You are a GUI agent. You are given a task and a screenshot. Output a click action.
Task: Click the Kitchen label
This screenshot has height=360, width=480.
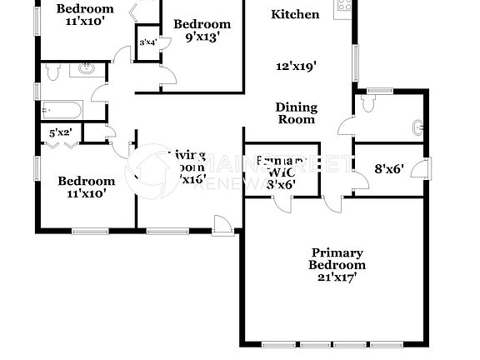pyautogui.click(x=295, y=14)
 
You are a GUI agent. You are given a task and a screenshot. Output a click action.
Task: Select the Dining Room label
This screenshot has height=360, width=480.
pyautogui.click(x=296, y=112)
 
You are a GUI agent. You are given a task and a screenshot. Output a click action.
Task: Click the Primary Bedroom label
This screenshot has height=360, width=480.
pyautogui.click(x=337, y=258)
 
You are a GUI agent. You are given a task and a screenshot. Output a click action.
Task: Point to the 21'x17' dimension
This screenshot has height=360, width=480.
pyautogui.click(x=337, y=277)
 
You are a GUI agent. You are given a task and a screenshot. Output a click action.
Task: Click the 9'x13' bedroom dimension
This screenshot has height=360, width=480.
pyautogui.click(x=202, y=37)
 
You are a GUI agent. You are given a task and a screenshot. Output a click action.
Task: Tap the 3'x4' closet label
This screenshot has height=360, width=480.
pyautogui.click(x=148, y=42)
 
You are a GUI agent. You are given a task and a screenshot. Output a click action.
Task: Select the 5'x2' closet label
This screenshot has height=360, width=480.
pyautogui.click(x=60, y=131)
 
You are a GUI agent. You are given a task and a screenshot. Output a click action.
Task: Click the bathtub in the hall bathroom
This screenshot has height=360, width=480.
pyautogui.click(x=61, y=110)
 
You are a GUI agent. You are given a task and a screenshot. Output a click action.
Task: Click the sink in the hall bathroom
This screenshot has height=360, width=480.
pyautogui.click(x=87, y=71)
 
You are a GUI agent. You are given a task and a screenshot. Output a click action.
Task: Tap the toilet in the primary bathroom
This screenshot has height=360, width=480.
pyautogui.click(x=368, y=103)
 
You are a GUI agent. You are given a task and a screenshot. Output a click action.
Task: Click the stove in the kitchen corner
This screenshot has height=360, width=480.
pyautogui.click(x=342, y=7)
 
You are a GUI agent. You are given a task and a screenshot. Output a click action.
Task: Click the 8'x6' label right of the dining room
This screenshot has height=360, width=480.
pyautogui.click(x=388, y=167)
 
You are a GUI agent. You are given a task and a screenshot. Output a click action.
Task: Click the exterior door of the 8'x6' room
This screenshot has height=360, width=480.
pyautogui.click(x=427, y=168)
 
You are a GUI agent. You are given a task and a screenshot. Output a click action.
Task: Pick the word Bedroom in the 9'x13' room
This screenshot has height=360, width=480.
pyautogui.click(x=202, y=24)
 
